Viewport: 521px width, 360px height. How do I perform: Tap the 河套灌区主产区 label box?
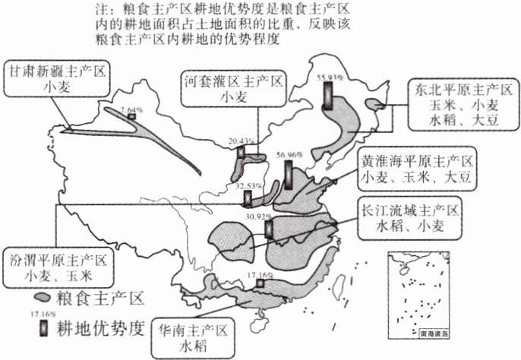pos(232,89)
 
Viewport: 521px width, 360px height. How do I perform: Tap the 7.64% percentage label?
pos(132,108)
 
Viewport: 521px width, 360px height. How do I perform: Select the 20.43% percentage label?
pos(239,141)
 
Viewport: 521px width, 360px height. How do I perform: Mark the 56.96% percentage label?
pos(289,154)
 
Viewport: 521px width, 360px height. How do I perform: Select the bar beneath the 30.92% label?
pos(267,229)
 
